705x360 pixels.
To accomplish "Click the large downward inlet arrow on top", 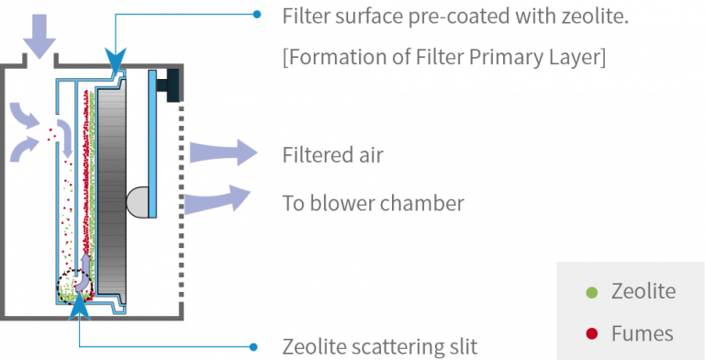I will point(39,34).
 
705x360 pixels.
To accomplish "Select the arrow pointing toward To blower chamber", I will point(218,198).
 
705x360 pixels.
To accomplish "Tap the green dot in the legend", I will point(592,293).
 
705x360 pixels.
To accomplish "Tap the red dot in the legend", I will point(592,332).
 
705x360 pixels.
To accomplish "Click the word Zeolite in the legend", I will point(643,292).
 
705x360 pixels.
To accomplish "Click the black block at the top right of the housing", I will point(171,85).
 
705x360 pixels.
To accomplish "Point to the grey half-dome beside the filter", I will point(135,199).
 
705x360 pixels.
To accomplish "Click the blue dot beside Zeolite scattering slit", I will point(255,347).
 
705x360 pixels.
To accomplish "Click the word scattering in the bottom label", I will point(398,347).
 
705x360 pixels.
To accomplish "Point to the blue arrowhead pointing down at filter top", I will point(116,65).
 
